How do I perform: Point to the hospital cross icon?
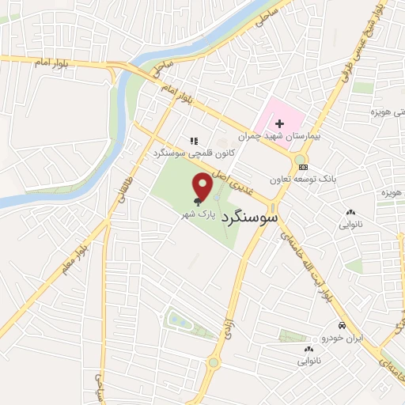[x=279, y=123]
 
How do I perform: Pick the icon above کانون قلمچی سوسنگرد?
[x=193, y=141]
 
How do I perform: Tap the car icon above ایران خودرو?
[x=341, y=326]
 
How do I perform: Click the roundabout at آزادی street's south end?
[x=214, y=363]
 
